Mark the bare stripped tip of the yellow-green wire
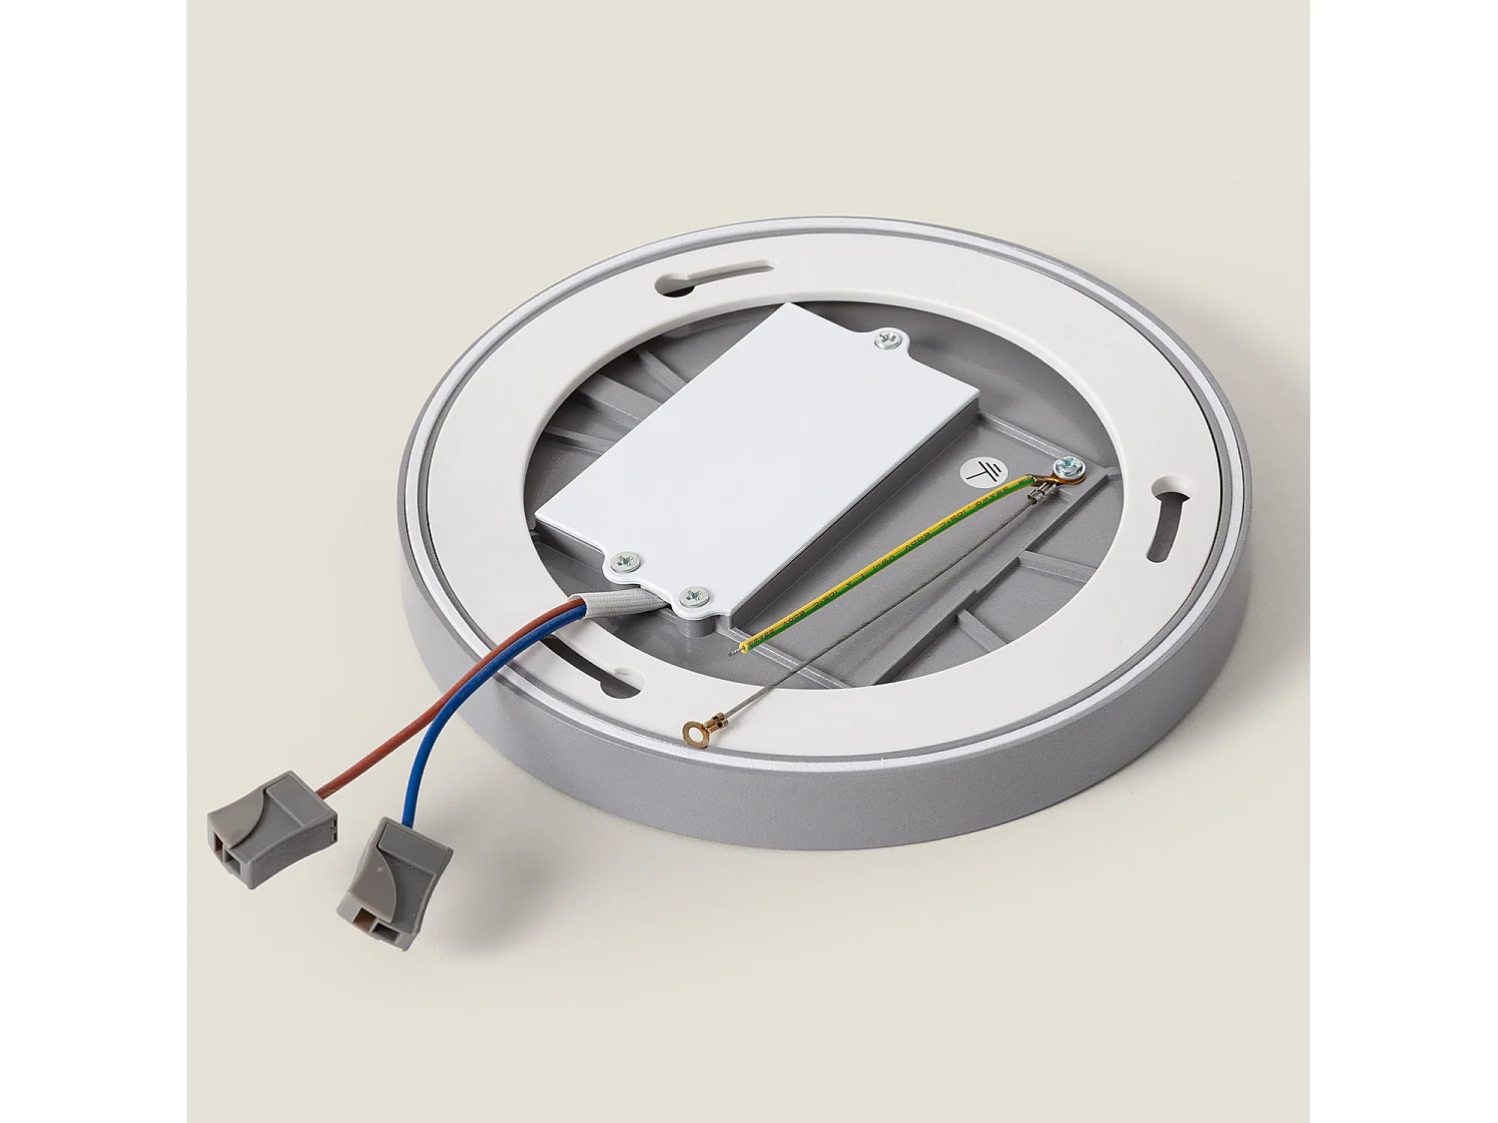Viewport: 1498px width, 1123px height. pyautogui.click(x=742, y=650)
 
